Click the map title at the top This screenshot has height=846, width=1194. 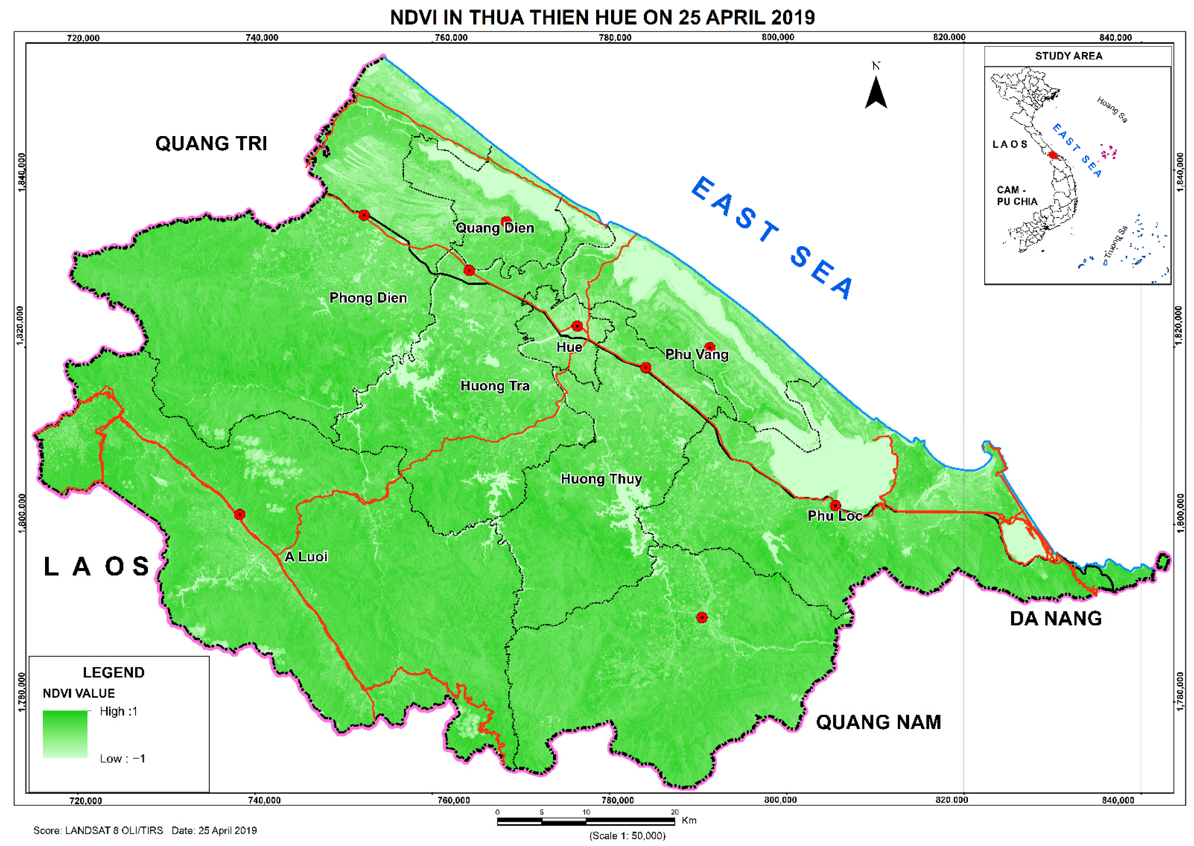click(x=602, y=17)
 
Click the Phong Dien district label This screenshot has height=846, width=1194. click(x=368, y=298)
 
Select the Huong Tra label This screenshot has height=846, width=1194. click(x=495, y=386)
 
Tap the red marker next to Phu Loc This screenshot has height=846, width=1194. click(x=835, y=505)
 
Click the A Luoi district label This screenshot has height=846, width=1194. click(x=306, y=557)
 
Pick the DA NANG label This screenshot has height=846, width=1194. click(x=1056, y=618)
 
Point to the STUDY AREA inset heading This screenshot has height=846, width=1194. click(x=1068, y=56)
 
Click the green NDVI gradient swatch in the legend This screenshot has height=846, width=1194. click(x=65, y=734)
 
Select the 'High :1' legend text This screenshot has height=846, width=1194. click(x=118, y=712)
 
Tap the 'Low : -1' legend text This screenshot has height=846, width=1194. click(x=122, y=759)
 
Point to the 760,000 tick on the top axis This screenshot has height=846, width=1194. click(x=451, y=37)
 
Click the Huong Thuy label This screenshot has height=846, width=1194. click(x=601, y=479)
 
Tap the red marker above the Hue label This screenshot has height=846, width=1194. click(x=577, y=326)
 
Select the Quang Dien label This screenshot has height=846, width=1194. click(x=495, y=228)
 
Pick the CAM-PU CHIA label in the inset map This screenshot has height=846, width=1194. click(x=1017, y=196)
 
